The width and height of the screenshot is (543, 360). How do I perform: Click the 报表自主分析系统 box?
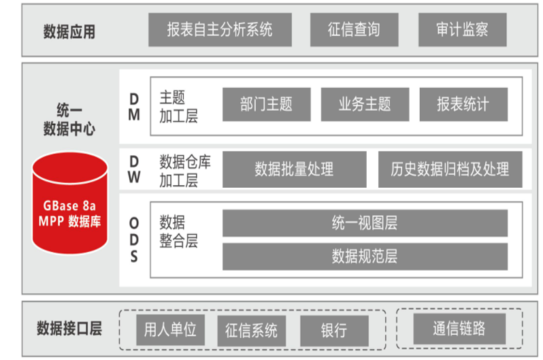click(220, 30)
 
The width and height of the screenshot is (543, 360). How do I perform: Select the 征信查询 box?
click(354, 30)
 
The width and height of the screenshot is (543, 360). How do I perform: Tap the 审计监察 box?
click(462, 30)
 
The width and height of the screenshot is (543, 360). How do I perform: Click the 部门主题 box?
click(266, 104)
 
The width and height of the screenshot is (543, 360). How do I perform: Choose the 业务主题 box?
click(365, 104)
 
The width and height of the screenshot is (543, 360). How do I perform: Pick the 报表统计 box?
click(463, 104)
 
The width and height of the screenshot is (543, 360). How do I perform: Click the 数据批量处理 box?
click(294, 169)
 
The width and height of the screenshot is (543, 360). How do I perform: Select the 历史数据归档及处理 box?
click(450, 169)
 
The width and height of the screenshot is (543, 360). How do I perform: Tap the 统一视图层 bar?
click(365, 223)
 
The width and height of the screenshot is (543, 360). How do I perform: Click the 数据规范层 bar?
click(365, 256)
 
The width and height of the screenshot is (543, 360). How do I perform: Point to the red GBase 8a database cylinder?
click(70, 203)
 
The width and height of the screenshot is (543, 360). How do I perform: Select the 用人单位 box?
click(170, 330)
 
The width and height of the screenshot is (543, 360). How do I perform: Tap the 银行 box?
click(333, 331)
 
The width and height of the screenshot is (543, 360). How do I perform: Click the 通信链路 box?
click(459, 329)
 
